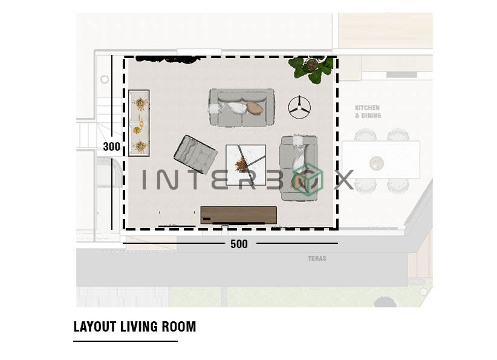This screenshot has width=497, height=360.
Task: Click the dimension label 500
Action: tap(239, 244)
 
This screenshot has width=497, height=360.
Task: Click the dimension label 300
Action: tap(111, 146)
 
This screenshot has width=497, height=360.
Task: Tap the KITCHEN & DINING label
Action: tap(368, 111)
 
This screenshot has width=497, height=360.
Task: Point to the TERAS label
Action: tap(317, 258)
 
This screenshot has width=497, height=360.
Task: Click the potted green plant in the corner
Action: tap(311, 68)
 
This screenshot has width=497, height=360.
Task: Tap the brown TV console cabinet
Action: tap(238, 215)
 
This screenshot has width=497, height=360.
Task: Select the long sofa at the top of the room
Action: tap(241, 107)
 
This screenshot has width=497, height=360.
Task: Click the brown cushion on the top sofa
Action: tap(255, 108)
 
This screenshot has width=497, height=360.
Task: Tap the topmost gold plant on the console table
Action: tap(140, 103)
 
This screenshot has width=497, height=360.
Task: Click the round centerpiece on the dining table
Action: tap(377, 162)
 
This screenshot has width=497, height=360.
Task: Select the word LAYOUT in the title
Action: tap(95, 327)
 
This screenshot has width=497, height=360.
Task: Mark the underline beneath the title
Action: tap(125, 341)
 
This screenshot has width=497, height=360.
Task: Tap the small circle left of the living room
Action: tap(105, 79)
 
